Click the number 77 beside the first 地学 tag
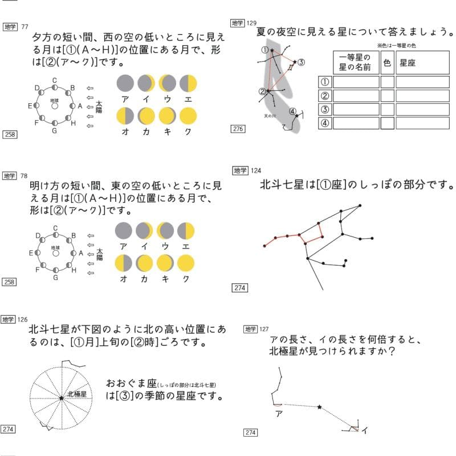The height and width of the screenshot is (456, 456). tap(24, 27)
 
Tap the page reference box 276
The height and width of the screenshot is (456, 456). tap(238, 129)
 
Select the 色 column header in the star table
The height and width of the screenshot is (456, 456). tap(387, 63)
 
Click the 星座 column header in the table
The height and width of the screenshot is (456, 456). tap(408, 63)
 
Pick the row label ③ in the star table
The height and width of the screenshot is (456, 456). tap(324, 109)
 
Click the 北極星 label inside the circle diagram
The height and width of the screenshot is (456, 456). tap(76, 394)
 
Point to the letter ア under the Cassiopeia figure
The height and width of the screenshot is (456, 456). tap(279, 413)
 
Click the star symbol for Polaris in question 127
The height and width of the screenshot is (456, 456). tap(319, 407)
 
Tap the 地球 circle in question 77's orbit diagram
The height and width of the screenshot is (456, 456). tap(55, 105)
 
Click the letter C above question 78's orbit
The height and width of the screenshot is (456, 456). tap(55, 229)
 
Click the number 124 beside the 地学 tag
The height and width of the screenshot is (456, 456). tap(256, 170)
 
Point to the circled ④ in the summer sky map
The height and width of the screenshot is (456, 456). tap(292, 111)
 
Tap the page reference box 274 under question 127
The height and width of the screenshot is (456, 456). tap(251, 433)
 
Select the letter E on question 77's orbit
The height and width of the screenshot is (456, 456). tap(30, 106)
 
